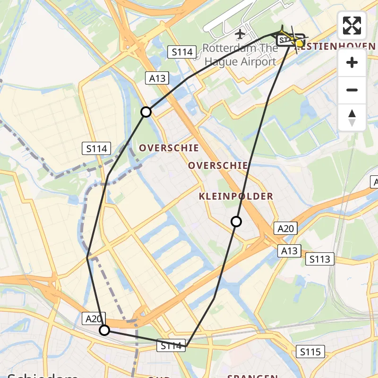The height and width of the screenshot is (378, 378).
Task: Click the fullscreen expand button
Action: coord(352,26)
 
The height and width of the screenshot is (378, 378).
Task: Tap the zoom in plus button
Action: coord(352,62)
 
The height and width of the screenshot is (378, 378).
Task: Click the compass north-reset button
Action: coord(352,118)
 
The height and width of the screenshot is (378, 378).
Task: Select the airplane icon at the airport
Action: coord(240,34)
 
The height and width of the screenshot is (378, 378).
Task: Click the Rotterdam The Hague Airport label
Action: coord(240,55)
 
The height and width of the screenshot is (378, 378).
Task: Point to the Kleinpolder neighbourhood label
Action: coord(236,196)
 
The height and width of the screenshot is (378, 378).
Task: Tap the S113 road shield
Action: coord(320,259)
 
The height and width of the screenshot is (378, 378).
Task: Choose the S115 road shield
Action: coord(310,352)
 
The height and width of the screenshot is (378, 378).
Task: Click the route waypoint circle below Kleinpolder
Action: coord(236,222)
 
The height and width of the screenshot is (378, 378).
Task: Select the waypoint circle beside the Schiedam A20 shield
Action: coord(104,330)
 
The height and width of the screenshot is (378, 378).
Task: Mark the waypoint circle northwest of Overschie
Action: coord(146,112)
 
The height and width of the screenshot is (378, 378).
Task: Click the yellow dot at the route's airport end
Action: coord(299,43)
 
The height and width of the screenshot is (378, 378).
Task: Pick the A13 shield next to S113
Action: coord(289,250)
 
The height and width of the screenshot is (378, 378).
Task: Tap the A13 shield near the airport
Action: coord(157,78)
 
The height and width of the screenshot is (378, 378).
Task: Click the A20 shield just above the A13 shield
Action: coord(286,229)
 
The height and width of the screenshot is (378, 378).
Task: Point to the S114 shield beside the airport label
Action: coord(182,52)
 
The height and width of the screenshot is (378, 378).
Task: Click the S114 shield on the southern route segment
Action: coord(171,346)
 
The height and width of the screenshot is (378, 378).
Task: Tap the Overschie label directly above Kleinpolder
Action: coord(218,165)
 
